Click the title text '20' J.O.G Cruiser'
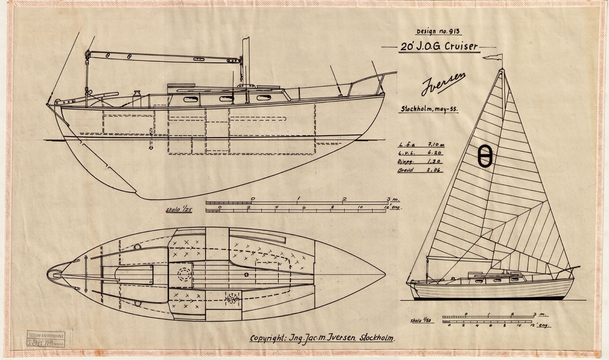coord(439,46)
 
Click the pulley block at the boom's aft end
coord(88,54)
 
